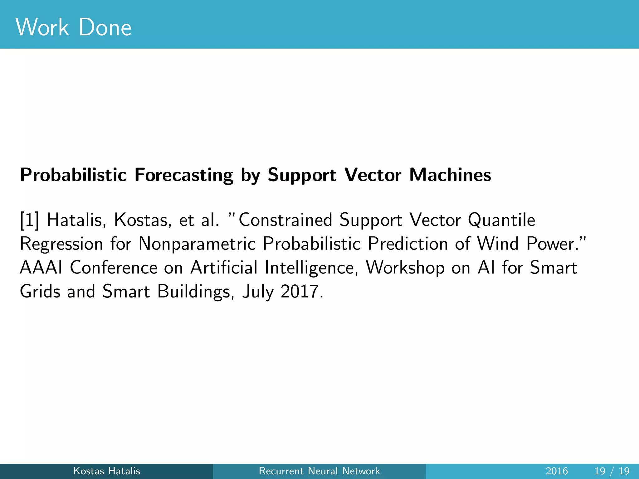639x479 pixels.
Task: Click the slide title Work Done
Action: click(74, 27)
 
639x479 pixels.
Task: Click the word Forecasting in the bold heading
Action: click(183, 175)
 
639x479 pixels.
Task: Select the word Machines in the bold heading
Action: click(450, 175)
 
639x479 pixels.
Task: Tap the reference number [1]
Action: click(30, 220)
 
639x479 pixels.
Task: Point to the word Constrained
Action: click(285, 220)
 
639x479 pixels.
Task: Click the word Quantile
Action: click(501, 220)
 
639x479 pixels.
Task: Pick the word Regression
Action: click(61, 244)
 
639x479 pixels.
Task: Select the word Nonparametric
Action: click(197, 244)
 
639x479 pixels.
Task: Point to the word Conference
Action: click(114, 268)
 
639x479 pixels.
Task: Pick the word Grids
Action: click(40, 292)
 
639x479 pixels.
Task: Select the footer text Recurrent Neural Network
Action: click(319, 471)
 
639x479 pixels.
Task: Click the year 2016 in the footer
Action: click(557, 471)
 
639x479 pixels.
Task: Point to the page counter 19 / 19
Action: click(612, 471)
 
